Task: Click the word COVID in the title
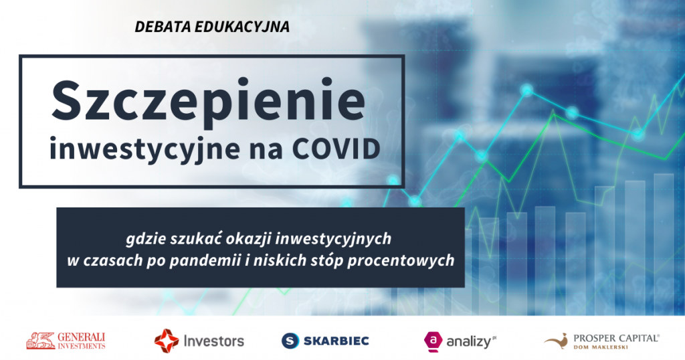click(336, 149)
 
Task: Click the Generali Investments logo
click(66, 341)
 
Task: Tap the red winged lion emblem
click(41, 341)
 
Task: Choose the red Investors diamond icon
click(167, 341)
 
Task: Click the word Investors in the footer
click(213, 341)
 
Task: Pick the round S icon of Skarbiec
click(290, 341)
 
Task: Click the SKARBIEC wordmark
click(336, 341)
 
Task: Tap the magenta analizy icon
click(433, 341)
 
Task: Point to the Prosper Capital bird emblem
click(556, 341)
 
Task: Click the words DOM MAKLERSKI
click(600, 347)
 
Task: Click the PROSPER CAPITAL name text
click(616, 338)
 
